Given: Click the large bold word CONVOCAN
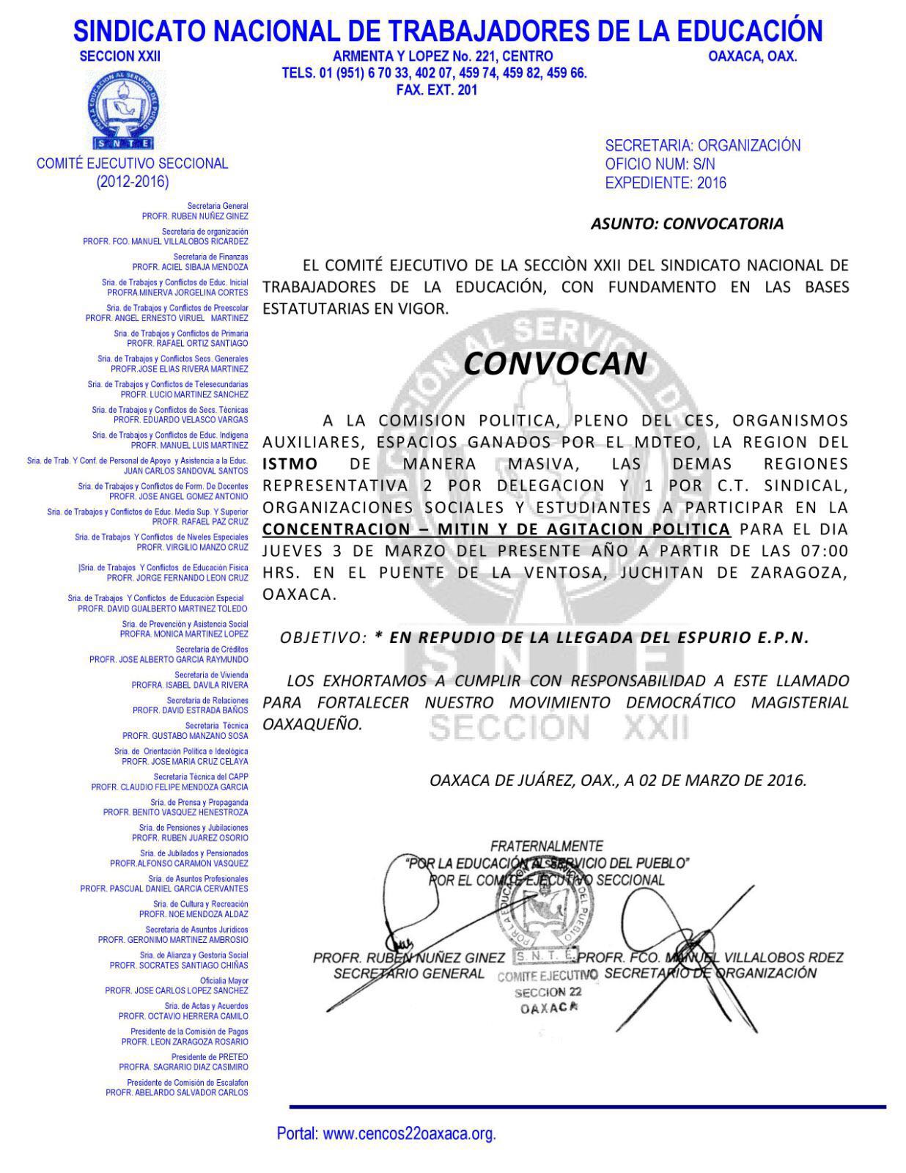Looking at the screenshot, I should click(556, 363).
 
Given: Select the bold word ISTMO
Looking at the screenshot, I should click(290, 464).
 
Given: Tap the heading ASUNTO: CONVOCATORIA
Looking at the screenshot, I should click(687, 224).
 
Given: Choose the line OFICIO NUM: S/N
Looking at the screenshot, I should click(660, 164).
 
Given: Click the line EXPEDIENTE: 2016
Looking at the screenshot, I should click(665, 183).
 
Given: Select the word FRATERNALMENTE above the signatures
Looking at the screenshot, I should click(547, 846).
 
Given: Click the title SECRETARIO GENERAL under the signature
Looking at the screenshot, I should click(408, 974).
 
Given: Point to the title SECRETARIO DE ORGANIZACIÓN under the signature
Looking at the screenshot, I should click(710, 974).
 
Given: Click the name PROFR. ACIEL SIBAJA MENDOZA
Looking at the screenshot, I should click(190, 267).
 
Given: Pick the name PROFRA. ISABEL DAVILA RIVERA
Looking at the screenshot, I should click(190, 685).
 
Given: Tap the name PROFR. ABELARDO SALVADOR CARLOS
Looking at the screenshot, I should click(177, 1092).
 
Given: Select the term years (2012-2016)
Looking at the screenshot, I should click(133, 181).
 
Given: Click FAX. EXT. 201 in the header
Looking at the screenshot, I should click(436, 89).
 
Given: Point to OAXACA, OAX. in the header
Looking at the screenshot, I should click(753, 56).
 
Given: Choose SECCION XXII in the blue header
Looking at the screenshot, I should click(119, 56).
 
